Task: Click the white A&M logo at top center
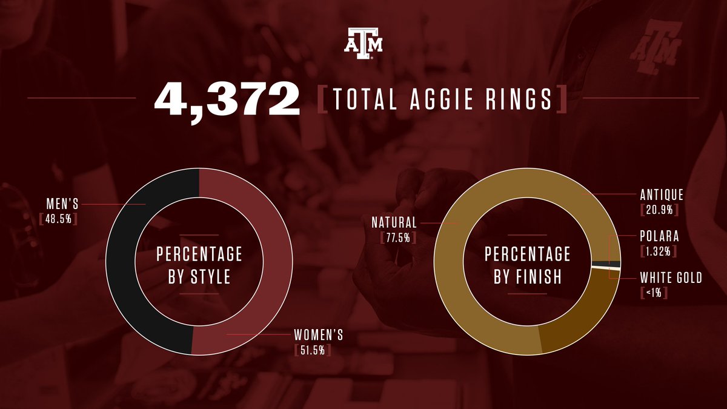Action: [x=363, y=44]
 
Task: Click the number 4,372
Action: [x=227, y=99]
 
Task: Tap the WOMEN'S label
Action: [x=319, y=335]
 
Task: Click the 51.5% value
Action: [x=313, y=350]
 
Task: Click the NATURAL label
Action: [x=394, y=222]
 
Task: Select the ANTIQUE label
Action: [x=662, y=195]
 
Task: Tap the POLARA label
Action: [x=659, y=236]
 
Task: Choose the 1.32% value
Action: [x=658, y=251]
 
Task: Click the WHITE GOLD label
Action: [x=671, y=278]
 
